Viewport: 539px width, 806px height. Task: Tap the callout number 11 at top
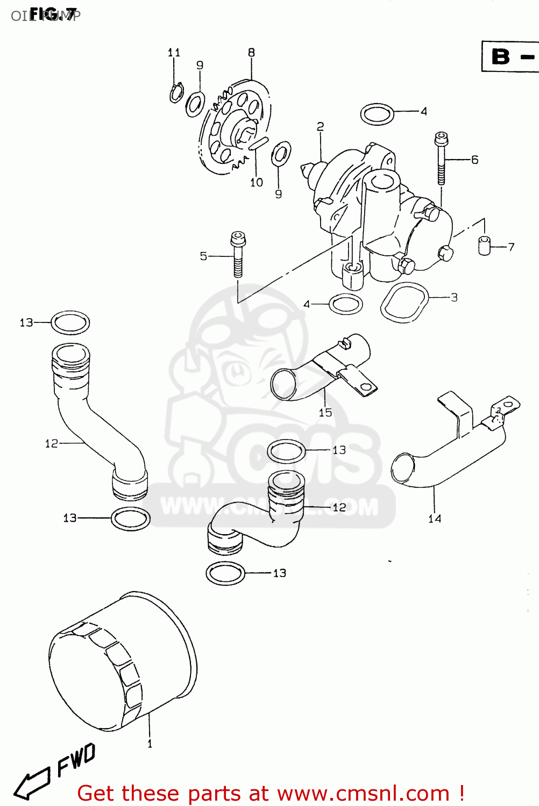tap(174, 53)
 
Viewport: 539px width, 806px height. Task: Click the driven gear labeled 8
tap(234, 126)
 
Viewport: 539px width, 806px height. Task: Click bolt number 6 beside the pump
tap(441, 159)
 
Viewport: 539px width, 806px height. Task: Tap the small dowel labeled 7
tap(485, 245)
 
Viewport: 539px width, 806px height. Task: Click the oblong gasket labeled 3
tap(405, 303)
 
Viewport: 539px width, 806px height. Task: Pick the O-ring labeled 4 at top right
tap(377, 114)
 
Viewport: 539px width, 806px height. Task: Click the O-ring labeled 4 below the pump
tap(345, 304)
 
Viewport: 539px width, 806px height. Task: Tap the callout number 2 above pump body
tap(321, 127)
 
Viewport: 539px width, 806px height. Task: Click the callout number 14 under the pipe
tap(435, 519)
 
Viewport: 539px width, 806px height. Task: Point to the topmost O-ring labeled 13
tap(70, 322)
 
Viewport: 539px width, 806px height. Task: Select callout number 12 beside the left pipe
tap(52, 443)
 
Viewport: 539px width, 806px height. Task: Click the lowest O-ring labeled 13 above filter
tap(225, 573)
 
